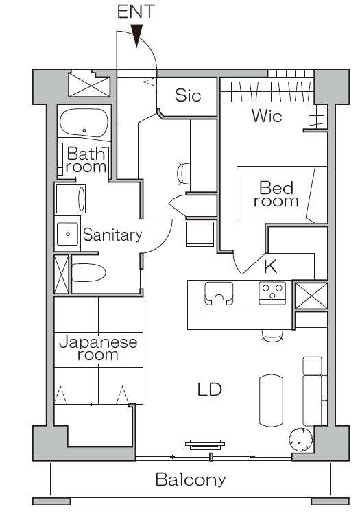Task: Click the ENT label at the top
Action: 136,12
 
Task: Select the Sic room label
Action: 188,95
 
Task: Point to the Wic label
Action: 267,116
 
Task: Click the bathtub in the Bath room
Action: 84,122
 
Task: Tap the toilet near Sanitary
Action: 89,272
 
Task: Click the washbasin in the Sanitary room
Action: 67,234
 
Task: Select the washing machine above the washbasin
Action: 71,199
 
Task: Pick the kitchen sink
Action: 219,294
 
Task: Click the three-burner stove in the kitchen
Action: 272,293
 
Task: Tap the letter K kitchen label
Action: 270,266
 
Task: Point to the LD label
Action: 210,390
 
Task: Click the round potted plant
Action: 301,439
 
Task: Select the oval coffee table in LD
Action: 271,401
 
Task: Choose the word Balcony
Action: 191,479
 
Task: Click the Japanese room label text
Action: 98,348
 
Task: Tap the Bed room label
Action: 276,194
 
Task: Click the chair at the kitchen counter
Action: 272,335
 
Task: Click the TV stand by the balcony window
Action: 205,444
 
